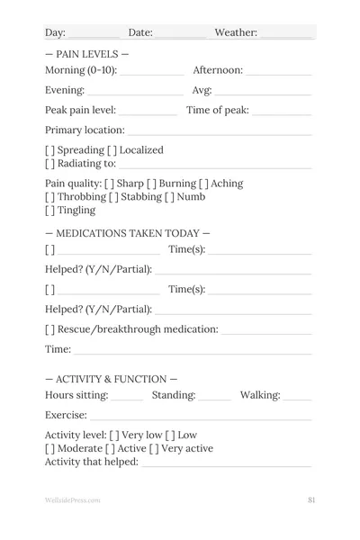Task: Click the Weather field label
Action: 236,33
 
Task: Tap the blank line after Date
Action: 180,35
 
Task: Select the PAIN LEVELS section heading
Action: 86,54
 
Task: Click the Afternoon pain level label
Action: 218,70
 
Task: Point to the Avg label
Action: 202,90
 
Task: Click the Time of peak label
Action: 218,111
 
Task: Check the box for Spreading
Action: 50,150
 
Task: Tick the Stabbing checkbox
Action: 114,197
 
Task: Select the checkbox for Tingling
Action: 50,211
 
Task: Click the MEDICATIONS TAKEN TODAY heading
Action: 127,233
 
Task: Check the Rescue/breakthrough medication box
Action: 50,329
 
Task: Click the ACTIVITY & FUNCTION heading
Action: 111,379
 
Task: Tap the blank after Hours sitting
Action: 128,398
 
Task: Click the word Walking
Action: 260,395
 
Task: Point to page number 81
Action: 310,499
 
